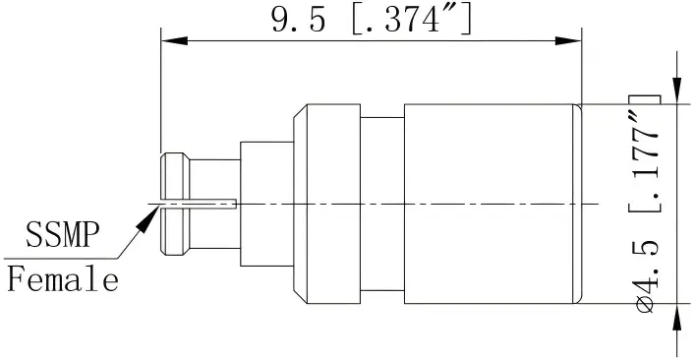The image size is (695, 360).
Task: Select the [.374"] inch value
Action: pyautogui.click(x=410, y=20)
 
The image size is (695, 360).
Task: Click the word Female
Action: pyautogui.click(x=64, y=280)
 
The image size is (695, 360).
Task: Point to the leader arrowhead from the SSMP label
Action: pyautogui.click(x=147, y=215)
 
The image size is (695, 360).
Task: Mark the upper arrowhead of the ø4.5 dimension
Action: pyautogui.click(x=675, y=90)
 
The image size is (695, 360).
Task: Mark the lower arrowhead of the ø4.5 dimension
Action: pyautogui.click(x=675, y=318)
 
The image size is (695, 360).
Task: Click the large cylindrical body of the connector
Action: pyautogui.click(x=492, y=204)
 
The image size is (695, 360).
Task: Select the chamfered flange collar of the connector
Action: pyautogui.click(x=324, y=204)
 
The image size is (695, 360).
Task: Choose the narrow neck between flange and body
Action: pyautogui.click(x=383, y=204)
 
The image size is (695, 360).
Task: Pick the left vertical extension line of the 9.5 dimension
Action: pyautogui.click(x=161, y=98)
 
